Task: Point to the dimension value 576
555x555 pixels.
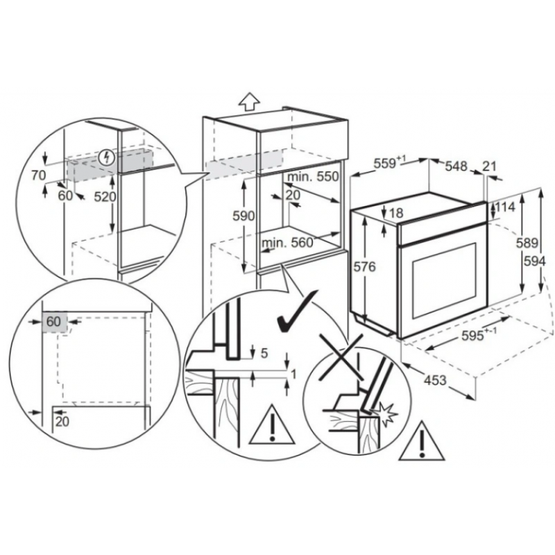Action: point(365,266)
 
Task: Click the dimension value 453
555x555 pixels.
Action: point(435,380)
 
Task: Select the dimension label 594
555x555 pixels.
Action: point(534,262)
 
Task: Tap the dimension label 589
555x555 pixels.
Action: point(527,243)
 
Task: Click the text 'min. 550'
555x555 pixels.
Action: point(313,176)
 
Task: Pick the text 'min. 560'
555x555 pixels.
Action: point(287,242)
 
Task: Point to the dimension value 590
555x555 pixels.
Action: point(244,216)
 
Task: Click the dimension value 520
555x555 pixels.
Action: point(105,197)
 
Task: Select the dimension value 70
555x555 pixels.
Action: point(39,175)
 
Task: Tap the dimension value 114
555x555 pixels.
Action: point(505,207)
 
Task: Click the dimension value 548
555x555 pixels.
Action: point(456,166)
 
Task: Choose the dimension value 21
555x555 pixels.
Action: point(490,166)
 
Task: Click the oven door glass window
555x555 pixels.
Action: point(445,280)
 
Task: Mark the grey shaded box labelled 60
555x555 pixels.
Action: point(54,322)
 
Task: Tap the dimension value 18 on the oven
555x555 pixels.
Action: point(396,213)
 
